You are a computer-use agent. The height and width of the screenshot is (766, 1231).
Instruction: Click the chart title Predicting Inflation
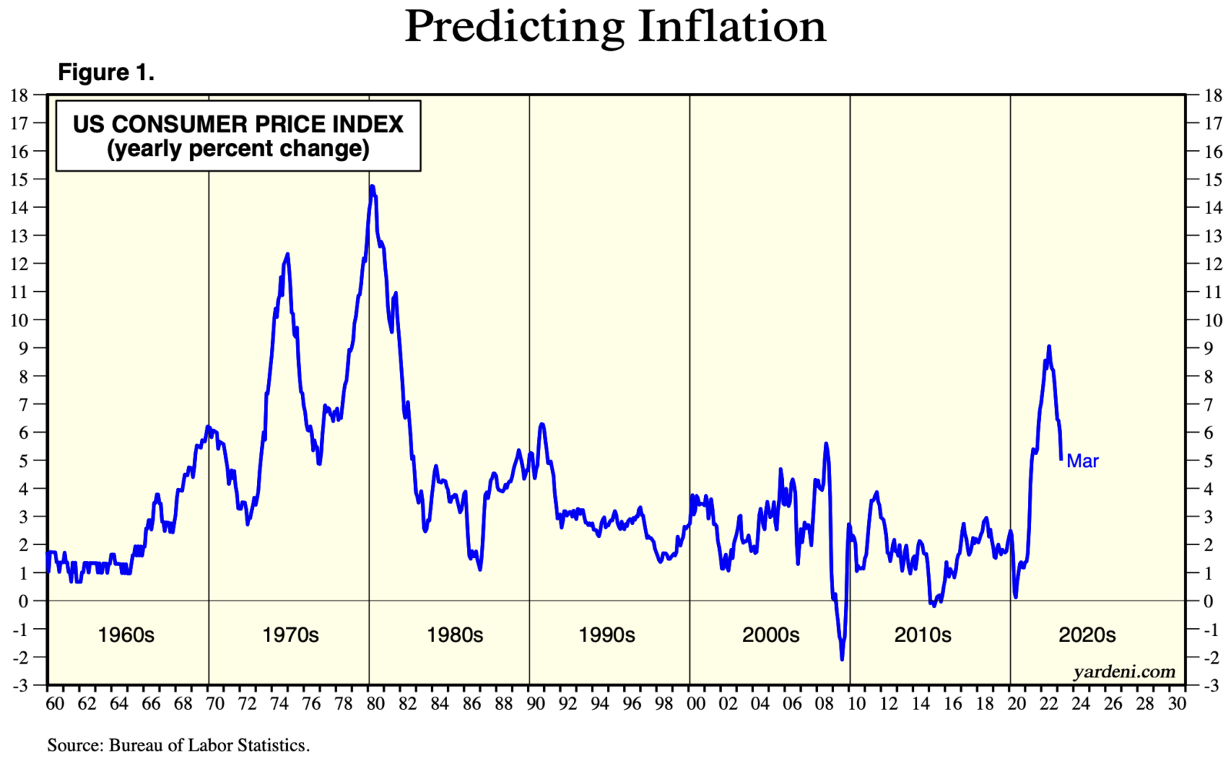click(x=615, y=27)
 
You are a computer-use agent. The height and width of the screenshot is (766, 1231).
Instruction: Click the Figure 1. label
click(x=106, y=73)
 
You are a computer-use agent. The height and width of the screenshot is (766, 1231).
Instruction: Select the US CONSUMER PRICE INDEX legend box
click(x=239, y=135)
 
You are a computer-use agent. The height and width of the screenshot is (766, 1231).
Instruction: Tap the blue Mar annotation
click(x=1083, y=461)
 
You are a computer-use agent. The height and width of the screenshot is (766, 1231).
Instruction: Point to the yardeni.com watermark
click(x=1124, y=672)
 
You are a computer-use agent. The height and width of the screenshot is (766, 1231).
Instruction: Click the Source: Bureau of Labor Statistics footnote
click(x=178, y=745)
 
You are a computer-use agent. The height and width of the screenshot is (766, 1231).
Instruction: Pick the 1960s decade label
click(x=126, y=635)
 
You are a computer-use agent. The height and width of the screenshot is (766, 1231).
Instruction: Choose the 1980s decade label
click(x=455, y=635)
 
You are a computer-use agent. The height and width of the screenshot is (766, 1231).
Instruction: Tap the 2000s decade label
click(x=770, y=635)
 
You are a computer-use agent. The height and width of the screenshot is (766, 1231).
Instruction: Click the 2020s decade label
click(x=1087, y=635)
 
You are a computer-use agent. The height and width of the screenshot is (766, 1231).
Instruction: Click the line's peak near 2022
click(x=1049, y=346)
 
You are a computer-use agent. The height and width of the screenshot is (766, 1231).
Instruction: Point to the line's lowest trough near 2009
click(x=842, y=659)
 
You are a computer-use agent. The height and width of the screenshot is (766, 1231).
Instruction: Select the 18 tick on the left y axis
click(x=18, y=95)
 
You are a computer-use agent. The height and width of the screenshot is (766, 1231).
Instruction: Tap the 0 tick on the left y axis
click(x=23, y=601)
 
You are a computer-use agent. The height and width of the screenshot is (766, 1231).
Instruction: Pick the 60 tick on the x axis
click(x=55, y=704)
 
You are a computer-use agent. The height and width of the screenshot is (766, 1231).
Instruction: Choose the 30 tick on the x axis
click(x=1176, y=704)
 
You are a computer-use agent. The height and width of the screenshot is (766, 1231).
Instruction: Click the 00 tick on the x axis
click(x=696, y=704)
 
